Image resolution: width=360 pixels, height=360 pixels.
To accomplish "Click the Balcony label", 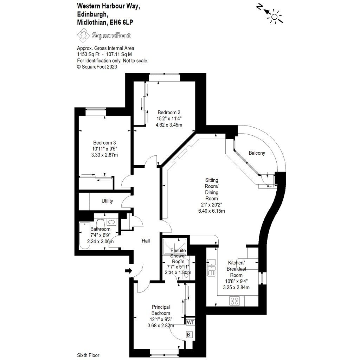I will click(257, 153).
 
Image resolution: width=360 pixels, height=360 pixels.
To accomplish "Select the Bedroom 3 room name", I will click(104, 142).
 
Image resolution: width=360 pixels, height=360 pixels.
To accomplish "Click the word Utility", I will click(107, 201).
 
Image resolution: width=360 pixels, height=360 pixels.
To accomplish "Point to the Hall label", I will click(146, 241).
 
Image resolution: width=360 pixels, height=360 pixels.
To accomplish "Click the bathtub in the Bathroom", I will click(84, 236).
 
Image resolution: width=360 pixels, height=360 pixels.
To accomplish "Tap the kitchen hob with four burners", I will click(234, 301).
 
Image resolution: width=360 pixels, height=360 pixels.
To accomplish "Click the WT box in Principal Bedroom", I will click(190, 322).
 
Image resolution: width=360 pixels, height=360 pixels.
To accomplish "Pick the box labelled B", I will click(188, 335).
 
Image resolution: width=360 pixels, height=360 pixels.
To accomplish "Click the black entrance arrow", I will click(128, 271).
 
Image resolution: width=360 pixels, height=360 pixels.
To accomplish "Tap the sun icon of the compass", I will click(275, 16).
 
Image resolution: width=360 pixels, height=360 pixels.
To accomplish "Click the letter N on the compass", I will click(260, 7).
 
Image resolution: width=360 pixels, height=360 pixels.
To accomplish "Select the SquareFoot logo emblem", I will click(83, 35).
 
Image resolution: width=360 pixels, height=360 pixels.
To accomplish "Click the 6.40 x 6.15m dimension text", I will click(211, 211).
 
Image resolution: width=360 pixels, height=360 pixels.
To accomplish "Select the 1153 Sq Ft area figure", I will click(89, 54).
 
